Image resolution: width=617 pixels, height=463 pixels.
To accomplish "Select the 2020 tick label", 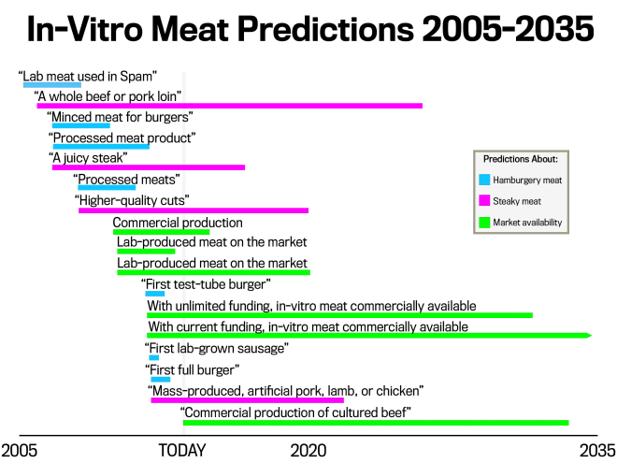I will coord(308,450).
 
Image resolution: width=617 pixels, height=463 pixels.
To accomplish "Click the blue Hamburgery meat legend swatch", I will coord(484,180).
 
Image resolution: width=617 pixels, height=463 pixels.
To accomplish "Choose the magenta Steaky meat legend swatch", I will coord(484,201).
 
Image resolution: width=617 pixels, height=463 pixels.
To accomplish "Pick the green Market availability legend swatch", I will coord(484,223).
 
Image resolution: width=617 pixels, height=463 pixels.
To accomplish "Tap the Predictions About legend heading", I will coord(526,158).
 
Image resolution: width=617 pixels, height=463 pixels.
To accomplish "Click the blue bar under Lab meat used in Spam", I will coord(52,85).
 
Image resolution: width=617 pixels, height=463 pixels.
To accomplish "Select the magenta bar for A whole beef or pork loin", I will coord(229,106).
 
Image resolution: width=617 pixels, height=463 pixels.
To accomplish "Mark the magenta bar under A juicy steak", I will coord(148,167).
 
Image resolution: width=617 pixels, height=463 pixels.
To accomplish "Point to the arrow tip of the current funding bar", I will coord(589,335).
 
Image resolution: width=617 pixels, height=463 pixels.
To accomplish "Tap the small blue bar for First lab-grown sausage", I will coord(154,358).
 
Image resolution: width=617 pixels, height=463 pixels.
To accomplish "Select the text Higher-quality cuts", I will coord(132,200).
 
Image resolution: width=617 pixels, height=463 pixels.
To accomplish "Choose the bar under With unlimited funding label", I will coord(339,315).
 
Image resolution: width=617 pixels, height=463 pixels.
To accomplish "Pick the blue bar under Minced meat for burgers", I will coord(81,126).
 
